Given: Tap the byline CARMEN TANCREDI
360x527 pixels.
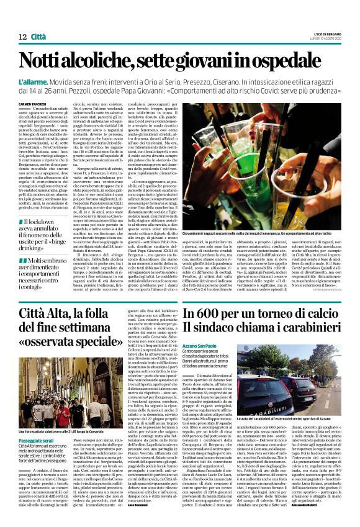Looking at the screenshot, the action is point(32,103).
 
